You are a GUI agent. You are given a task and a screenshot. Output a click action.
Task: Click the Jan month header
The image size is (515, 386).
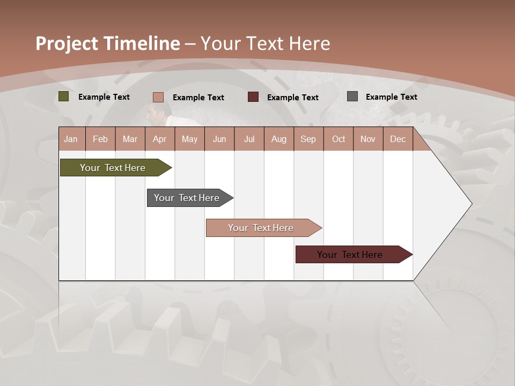[x=71, y=139]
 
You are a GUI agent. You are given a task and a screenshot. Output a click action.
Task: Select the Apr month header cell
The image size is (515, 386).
[x=159, y=139]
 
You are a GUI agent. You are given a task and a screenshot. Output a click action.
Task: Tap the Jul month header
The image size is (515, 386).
[x=249, y=139]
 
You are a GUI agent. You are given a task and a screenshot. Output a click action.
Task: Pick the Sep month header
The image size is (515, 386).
[x=308, y=139]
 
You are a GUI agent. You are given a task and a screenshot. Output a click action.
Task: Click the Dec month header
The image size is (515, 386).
[x=398, y=139]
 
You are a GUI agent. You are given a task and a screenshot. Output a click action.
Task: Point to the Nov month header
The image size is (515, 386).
[x=367, y=139]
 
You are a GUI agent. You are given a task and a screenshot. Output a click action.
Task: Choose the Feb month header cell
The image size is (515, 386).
[x=100, y=139]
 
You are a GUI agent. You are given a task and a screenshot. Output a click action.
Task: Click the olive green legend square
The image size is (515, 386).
[x=64, y=96]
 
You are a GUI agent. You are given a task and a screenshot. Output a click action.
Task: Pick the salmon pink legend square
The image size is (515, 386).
[x=158, y=97]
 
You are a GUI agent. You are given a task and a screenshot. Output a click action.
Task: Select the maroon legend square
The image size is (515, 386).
[x=253, y=97]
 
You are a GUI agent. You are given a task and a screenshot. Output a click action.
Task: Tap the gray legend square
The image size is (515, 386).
[x=352, y=96]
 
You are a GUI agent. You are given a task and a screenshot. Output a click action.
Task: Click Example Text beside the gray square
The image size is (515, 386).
[x=391, y=97]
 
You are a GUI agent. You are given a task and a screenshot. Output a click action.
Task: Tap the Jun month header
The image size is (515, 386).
[x=219, y=139]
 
